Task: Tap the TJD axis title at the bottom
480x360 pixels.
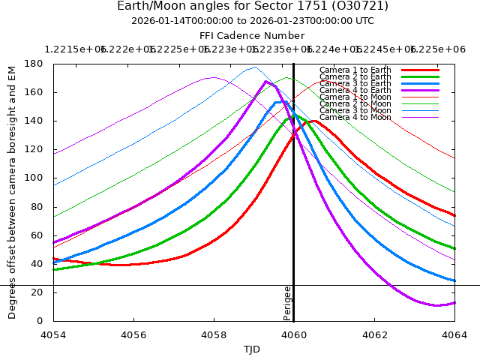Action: (252, 349)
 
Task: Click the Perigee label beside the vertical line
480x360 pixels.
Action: (287, 303)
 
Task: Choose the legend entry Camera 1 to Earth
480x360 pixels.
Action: (355, 70)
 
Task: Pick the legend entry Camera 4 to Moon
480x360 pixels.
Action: (355, 117)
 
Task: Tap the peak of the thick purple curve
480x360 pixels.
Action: (265, 82)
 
